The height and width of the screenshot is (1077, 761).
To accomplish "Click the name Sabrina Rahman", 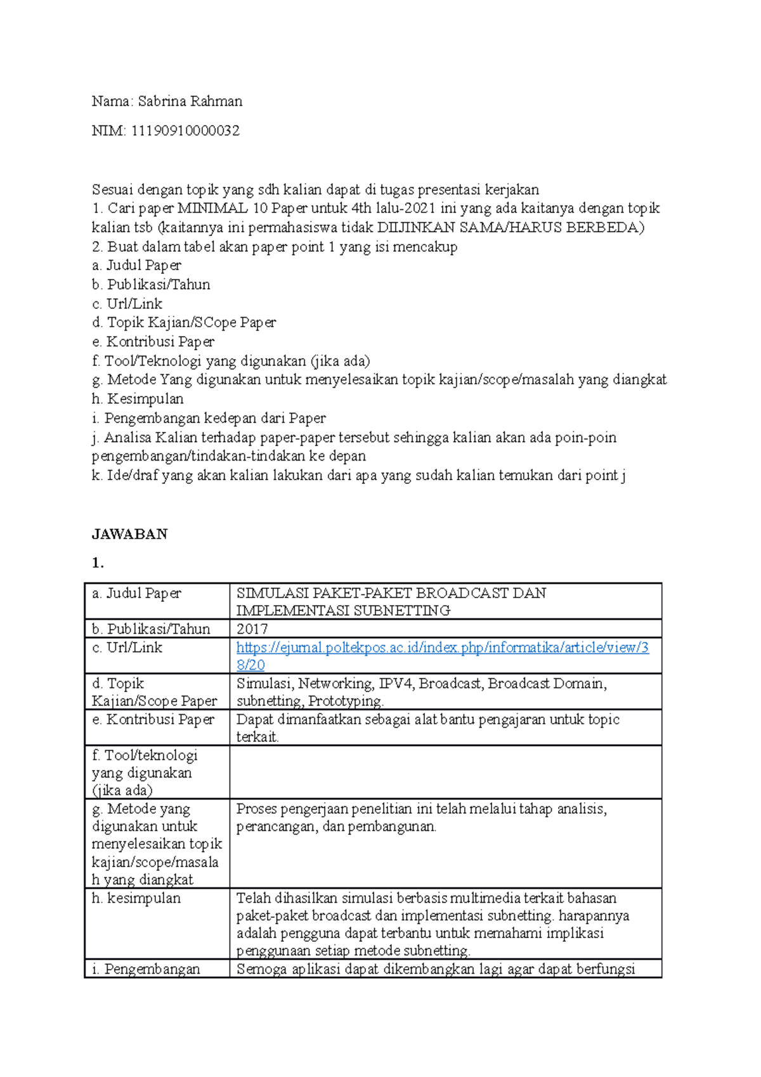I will point(190,101).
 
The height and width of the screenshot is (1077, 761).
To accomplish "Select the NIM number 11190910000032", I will point(185,131).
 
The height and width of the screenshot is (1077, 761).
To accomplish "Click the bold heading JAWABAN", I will point(129,534).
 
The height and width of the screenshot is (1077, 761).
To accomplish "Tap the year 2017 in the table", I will point(252,629).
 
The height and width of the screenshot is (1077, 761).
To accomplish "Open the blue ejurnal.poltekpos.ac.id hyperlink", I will point(442,648).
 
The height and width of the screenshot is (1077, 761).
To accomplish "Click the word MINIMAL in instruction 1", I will point(212,208).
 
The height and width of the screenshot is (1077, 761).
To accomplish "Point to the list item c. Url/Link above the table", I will point(127,304).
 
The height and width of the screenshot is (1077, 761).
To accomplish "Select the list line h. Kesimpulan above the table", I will point(138,399).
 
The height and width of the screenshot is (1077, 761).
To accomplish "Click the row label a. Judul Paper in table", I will point(136,593).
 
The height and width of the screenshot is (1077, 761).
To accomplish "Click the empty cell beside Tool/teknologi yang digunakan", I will point(445,772).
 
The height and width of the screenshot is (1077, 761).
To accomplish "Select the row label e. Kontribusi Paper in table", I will point(153,719).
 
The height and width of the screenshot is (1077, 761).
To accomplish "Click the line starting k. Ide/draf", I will point(358,475).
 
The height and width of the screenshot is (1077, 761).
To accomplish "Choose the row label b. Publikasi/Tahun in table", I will point(151,629).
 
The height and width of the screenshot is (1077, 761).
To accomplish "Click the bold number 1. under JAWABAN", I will point(97,563).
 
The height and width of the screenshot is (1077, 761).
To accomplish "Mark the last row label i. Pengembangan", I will point(146,969).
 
